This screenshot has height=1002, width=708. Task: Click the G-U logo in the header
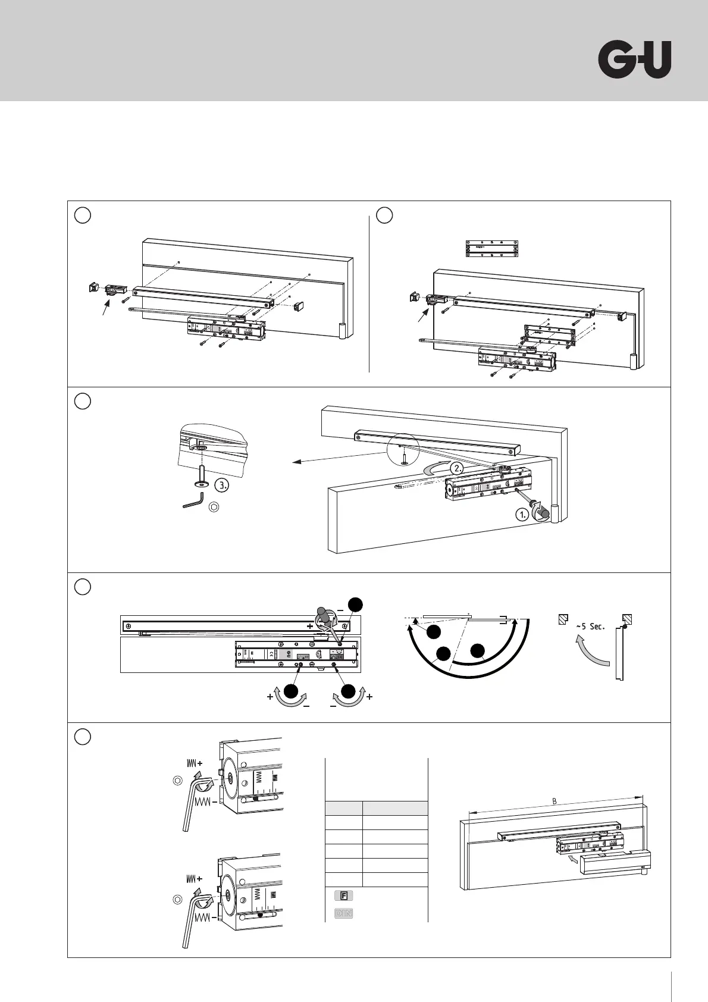tap(634, 60)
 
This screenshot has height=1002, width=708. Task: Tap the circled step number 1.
tap(522, 515)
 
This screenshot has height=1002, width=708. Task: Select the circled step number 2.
tap(457, 468)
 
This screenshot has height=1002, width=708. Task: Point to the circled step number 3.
tap(222, 485)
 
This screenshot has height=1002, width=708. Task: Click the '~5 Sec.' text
tap(590, 626)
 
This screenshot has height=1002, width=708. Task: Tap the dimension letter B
tap(555, 801)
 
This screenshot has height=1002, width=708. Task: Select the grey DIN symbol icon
tap(343, 913)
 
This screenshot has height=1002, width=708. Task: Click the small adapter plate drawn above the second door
tap(492, 249)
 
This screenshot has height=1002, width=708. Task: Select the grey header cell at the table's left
tap(344, 808)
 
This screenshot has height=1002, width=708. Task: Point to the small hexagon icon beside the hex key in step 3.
tap(215, 507)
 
